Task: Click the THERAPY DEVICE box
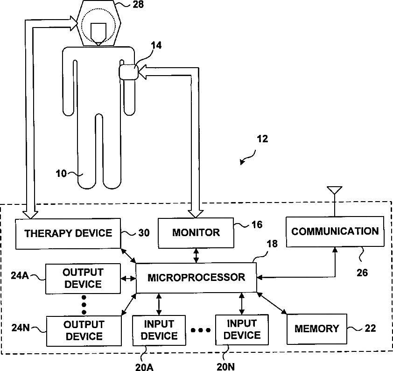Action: pos(68,233)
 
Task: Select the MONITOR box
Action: pos(196,232)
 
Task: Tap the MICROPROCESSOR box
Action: pos(196,277)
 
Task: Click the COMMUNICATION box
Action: pos(335,231)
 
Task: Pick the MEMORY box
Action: pos(317,329)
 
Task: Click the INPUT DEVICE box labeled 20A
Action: pos(159,329)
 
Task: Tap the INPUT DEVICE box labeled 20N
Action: pos(242,329)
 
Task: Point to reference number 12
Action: pos(262,139)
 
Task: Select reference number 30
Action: pos(144,233)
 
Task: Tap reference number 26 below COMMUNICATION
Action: pos(362,273)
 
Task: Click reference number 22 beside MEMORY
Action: pos(369,329)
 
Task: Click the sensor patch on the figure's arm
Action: pos(128,72)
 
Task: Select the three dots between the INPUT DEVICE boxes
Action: pos(201,330)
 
